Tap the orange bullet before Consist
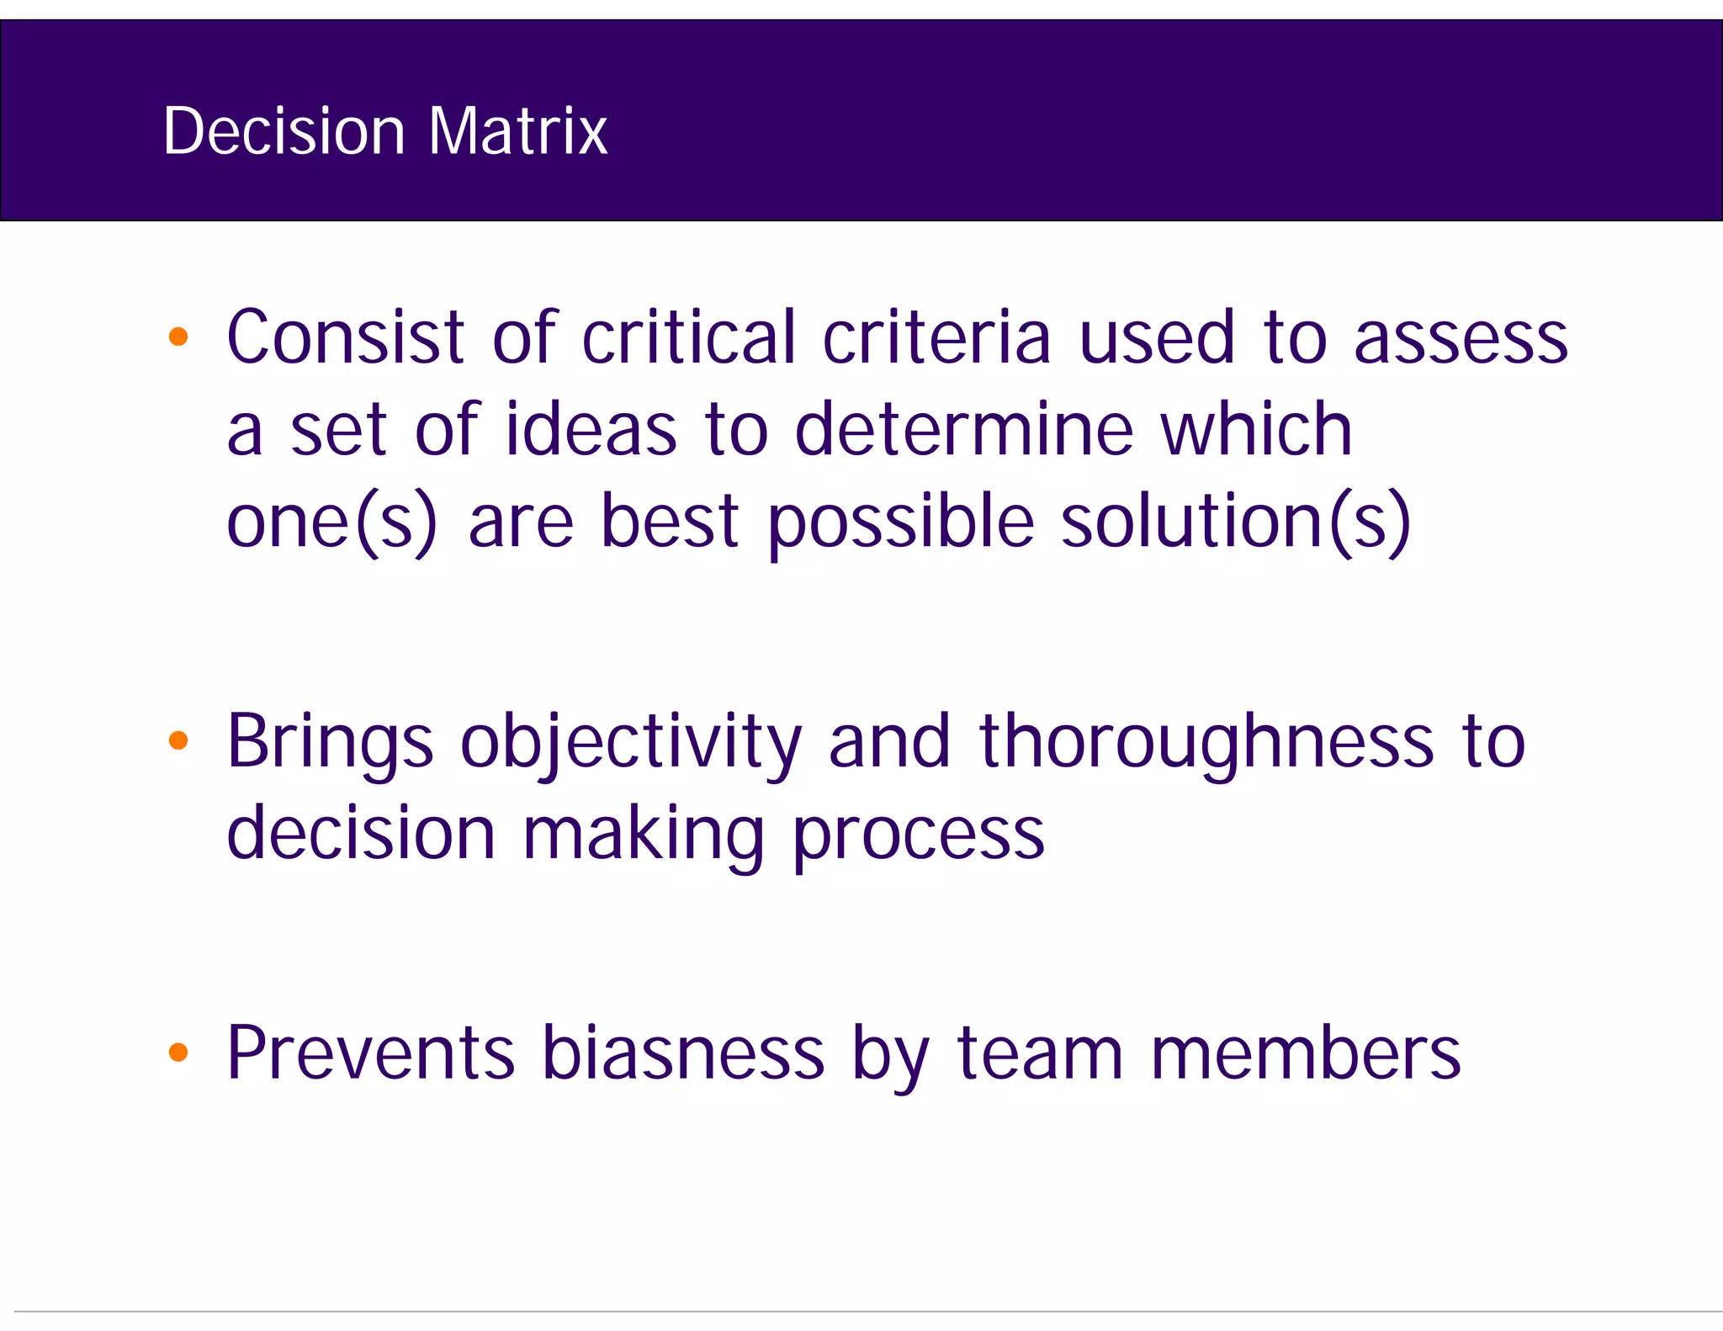pos(178,337)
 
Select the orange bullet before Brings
pos(178,740)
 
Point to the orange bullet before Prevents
pos(178,1052)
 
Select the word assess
pos(1461,339)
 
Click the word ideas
pos(591,429)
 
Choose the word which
pos(1256,429)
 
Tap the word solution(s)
pos(1235,522)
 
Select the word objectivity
pos(631,742)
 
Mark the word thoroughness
pos(1206,742)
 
